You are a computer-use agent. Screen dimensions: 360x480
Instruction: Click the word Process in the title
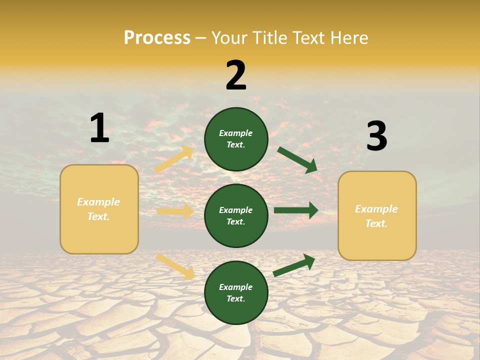157,38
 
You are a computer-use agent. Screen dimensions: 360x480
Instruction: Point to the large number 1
99,128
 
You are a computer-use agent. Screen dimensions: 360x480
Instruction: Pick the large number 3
376,136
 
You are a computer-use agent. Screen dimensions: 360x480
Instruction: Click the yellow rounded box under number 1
99,209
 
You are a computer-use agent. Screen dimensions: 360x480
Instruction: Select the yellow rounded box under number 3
377,215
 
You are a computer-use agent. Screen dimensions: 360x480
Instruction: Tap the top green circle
236,139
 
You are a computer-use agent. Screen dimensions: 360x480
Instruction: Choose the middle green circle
236,215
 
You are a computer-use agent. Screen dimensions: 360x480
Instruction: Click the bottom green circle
236,292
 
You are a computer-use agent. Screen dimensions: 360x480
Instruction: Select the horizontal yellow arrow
175,211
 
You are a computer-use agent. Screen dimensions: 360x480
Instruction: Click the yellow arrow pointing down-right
175,266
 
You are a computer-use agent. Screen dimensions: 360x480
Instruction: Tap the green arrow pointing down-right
297,160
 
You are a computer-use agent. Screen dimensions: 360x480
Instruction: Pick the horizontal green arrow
296,210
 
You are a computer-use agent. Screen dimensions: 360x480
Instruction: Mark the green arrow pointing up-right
294,265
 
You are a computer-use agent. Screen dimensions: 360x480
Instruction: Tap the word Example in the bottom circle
236,287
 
